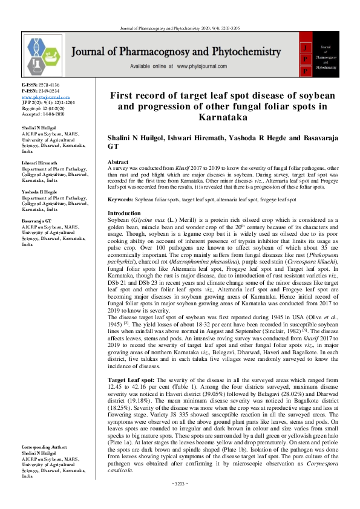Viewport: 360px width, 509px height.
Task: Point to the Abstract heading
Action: pyautogui.click(x=117, y=163)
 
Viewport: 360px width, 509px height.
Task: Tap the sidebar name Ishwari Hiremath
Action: pyautogui.click(x=39, y=163)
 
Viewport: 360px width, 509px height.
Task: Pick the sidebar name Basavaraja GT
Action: pyautogui.click(x=36, y=222)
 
